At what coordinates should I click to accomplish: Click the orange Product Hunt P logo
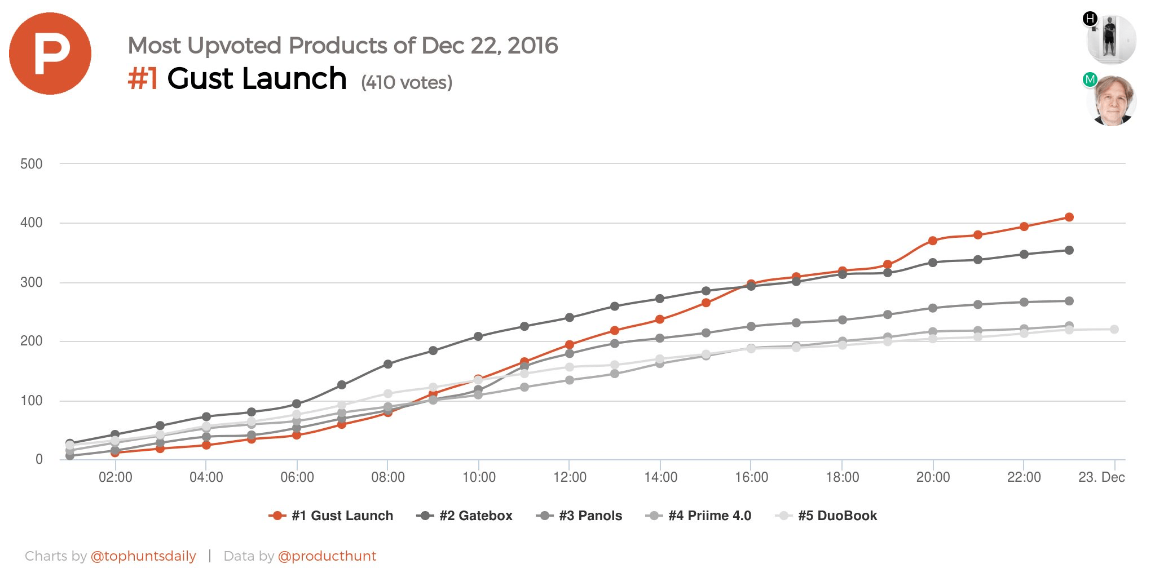point(50,54)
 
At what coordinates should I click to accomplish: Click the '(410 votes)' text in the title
point(407,83)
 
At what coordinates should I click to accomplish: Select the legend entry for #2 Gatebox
point(464,516)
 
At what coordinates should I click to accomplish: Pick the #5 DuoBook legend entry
point(826,516)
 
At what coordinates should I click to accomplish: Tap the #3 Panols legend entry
point(579,516)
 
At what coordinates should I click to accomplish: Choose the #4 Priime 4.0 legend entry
point(698,516)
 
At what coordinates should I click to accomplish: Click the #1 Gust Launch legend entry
point(331,516)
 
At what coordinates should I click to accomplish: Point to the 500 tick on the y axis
point(31,164)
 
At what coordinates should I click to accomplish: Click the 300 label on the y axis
point(31,282)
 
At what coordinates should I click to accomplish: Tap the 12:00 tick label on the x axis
point(570,477)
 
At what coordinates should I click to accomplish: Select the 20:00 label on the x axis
point(933,477)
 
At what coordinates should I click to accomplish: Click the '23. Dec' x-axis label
point(1101,477)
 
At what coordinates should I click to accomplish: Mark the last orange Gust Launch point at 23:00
point(1069,217)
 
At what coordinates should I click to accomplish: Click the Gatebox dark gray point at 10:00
point(478,336)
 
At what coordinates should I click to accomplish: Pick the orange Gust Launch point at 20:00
point(933,241)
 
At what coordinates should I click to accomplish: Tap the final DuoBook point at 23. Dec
point(1114,329)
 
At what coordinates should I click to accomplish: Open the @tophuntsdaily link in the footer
point(143,556)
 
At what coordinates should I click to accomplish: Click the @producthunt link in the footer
point(327,556)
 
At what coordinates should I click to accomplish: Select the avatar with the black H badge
point(1111,39)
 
